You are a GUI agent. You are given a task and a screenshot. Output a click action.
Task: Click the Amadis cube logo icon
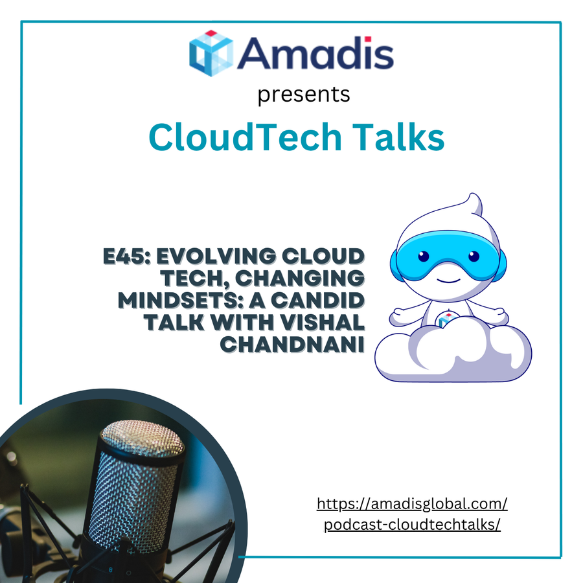click(211, 53)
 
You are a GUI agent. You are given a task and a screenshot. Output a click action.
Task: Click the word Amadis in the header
click(315, 53)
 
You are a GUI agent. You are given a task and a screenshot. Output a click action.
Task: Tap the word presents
click(304, 95)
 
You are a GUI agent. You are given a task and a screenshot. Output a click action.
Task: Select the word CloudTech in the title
click(245, 137)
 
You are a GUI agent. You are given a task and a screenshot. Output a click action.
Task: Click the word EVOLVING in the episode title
click(216, 256)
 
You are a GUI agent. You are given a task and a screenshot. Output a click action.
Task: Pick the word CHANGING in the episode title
click(300, 278)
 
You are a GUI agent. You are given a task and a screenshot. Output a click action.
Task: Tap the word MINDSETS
click(180, 301)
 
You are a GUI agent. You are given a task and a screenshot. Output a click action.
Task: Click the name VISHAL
click(323, 323)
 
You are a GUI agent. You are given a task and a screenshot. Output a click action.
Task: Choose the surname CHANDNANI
click(292, 345)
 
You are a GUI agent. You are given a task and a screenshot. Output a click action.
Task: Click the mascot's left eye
click(424, 256)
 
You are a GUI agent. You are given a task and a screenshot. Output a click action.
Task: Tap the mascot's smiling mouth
click(448, 280)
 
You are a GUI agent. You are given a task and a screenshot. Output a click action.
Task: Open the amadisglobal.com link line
click(412, 504)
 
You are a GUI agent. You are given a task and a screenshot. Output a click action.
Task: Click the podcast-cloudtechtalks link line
click(412, 525)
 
